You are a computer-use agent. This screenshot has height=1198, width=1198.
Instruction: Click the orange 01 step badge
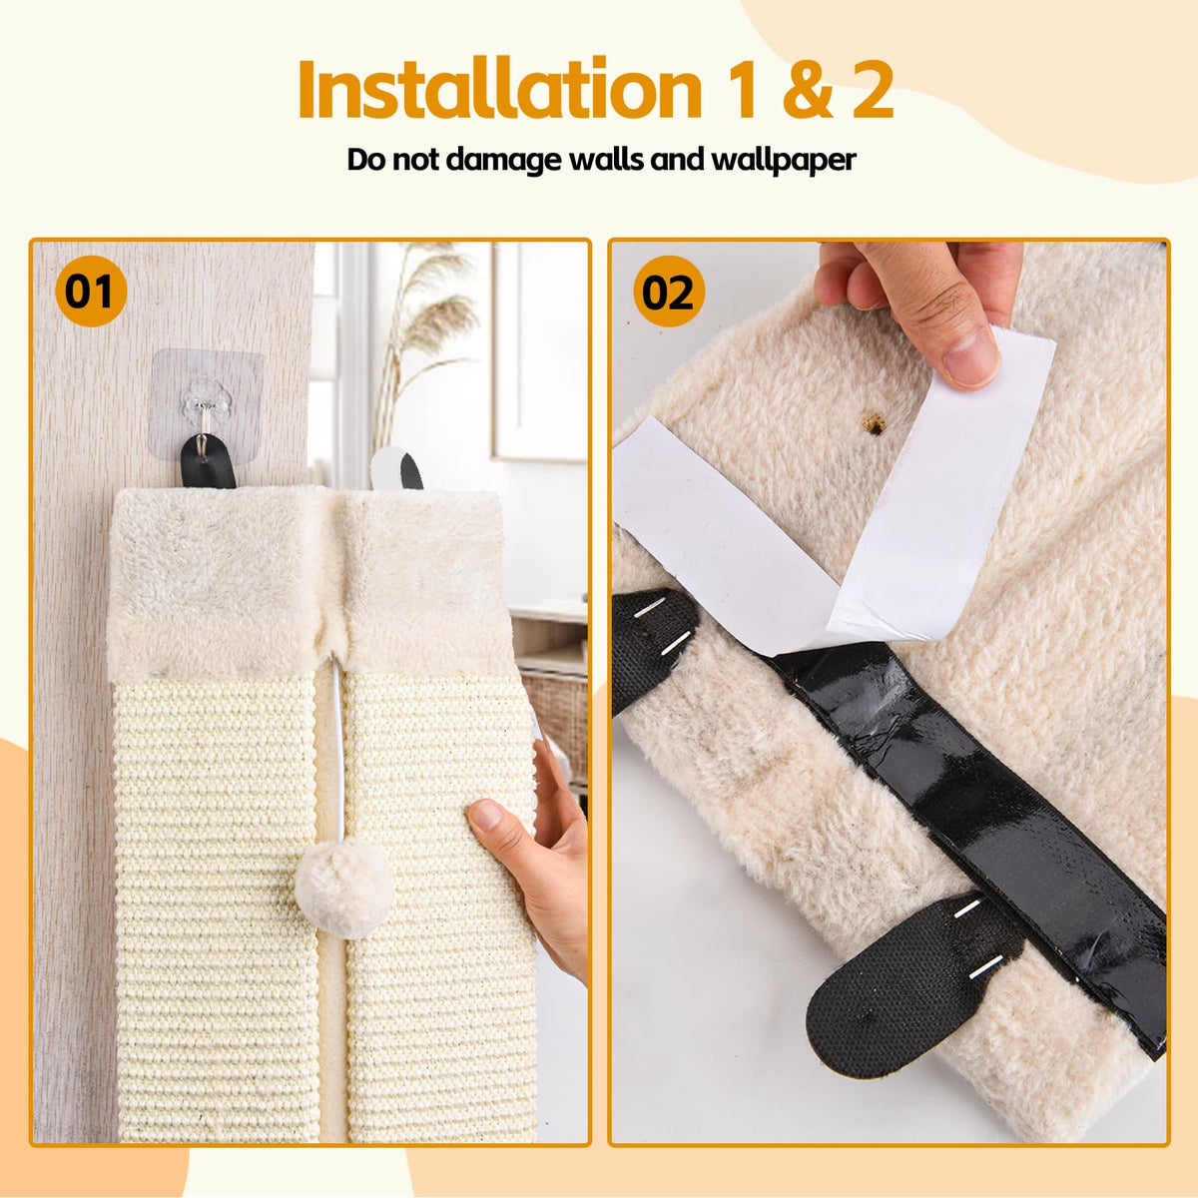click(x=91, y=291)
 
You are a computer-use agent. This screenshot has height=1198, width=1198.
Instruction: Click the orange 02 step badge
click(x=669, y=291)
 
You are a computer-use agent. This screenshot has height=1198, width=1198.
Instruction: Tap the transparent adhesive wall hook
click(x=206, y=404)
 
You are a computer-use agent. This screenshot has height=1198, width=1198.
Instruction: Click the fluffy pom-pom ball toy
click(x=343, y=888)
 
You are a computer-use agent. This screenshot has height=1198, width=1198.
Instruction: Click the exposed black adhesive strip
click(x=969, y=809)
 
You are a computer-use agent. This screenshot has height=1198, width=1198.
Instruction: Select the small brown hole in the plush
click(x=876, y=426)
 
